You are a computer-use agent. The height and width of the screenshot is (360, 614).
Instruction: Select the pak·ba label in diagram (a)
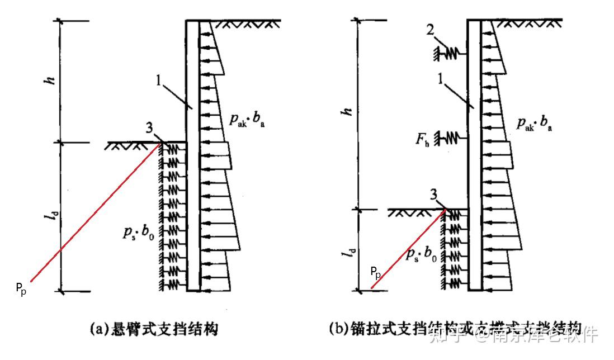click(x=245, y=120)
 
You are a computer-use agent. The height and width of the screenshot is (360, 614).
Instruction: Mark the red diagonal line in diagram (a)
click(x=95, y=215)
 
